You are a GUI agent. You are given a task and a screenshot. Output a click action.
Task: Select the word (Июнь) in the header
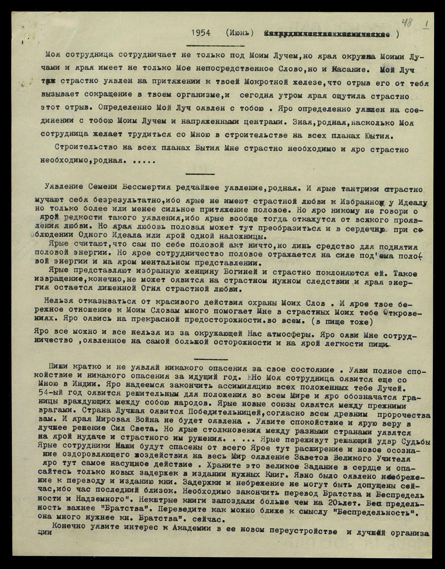click(239, 33)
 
